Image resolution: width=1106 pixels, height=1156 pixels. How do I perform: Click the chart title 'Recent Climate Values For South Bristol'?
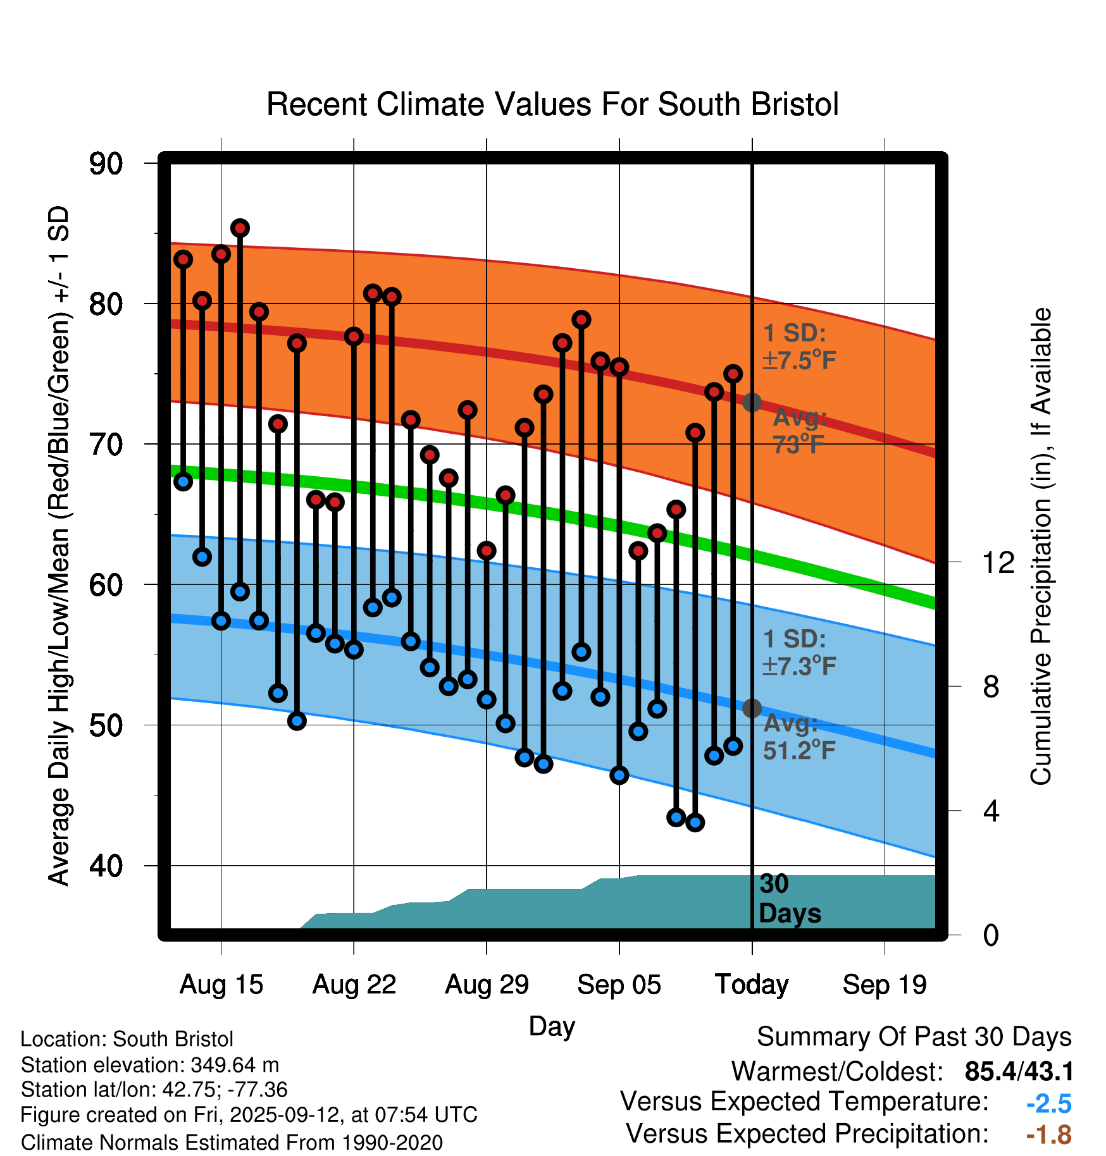[x=552, y=104]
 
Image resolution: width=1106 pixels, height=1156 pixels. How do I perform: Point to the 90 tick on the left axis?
[x=106, y=164]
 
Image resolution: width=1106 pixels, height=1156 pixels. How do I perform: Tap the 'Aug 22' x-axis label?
[x=354, y=985]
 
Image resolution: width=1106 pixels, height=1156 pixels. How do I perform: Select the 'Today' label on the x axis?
[x=752, y=985]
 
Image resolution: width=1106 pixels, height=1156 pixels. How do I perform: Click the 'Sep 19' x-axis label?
[x=885, y=985]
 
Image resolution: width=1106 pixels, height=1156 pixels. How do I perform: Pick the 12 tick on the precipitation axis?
[x=998, y=562]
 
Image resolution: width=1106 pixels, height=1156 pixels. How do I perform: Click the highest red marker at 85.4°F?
[x=240, y=228]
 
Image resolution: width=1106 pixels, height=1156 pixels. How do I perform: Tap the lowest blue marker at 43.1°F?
[x=695, y=823]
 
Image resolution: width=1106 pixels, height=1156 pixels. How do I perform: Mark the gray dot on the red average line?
[x=752, y=402]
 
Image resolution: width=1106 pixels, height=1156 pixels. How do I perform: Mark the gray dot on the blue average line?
[x=752, y=708]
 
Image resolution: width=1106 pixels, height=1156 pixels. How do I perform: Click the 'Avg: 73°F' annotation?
[x=799, y=431]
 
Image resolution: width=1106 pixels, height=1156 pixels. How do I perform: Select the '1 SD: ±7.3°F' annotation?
[x=799, y=652]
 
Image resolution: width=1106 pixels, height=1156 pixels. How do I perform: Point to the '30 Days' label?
[x=789, y=899]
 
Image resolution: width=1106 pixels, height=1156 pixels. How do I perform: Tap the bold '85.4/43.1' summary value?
[x=1019, y=1072]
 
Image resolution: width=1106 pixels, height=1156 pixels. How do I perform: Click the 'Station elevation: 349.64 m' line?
[x=150, y=1065]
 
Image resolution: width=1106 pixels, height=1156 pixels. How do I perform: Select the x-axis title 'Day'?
[x=552, y=1026]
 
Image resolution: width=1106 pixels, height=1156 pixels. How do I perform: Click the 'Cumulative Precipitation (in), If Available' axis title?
[x=1041, y=546]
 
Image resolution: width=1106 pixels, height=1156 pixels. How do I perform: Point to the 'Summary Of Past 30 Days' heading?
[x=914, y=1038]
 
